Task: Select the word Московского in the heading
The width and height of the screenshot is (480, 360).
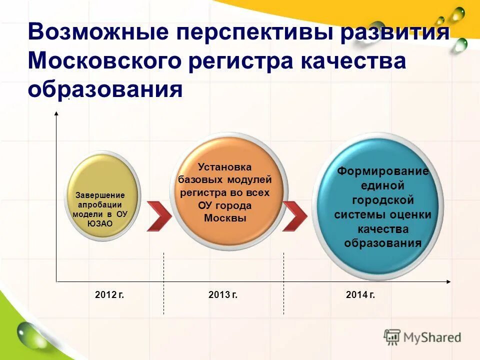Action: pyautogui.click(x=104, y=61)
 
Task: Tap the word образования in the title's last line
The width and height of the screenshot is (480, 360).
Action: pyautogui.click(x=105, y=89)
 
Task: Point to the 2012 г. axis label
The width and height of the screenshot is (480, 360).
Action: pyautogui.click(x=109, y=295)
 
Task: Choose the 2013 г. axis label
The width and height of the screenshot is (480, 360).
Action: pyautogui.click(x=223, y=295)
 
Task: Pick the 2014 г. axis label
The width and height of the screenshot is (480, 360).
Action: pyautogui.click(x=360, y=295)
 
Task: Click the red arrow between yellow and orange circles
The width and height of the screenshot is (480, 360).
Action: pyautogui.click(x=159, y=216)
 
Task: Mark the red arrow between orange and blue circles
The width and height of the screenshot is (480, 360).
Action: pyautogui.click(x=294, y=216)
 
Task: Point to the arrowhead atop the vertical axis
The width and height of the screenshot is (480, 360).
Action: pyautogui.click(x=56, y=114)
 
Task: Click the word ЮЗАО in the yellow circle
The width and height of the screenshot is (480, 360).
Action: pyautogui.click(x=100, y=223)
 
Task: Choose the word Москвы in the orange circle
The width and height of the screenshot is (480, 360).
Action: pyautogui.click(x=225, y=217)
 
